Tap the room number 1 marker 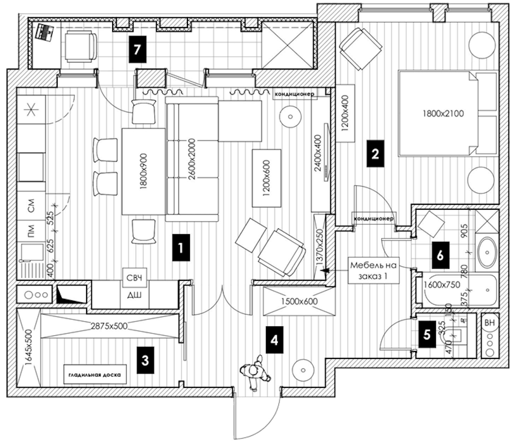pos(181,247)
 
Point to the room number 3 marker pos(145,360)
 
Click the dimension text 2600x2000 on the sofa pos(192,158)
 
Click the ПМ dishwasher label pos(31,234)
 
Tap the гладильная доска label pos(93,374)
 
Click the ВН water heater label pos(490,323)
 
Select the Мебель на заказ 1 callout pos(369,270)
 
